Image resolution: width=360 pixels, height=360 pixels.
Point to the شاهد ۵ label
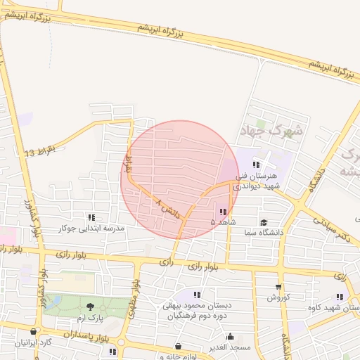pos(222,222)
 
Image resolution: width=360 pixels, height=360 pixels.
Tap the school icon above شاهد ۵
pos(222,212)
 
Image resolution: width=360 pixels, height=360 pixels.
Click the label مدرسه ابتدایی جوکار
pos(91,229)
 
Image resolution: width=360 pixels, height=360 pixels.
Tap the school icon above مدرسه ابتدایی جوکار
pos(91,218)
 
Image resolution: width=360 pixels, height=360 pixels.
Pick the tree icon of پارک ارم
pos(90,306)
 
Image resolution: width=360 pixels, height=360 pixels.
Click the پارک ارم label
pos(90,319)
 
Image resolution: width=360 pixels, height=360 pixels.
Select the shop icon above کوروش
pos(278,287)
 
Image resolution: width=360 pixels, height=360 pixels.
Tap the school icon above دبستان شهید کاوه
pos(340,297)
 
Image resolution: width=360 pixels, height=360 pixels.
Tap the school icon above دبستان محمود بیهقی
pos(197,295)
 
